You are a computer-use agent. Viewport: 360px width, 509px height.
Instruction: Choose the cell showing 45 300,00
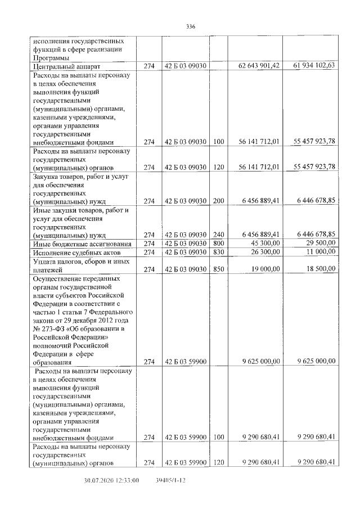264,244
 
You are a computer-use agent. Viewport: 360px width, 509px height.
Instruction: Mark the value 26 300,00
264,253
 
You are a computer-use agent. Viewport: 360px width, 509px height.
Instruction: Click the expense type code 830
219,253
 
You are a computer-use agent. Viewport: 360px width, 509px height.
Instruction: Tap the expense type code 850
219,269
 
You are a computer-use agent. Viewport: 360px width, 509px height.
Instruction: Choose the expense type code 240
219,235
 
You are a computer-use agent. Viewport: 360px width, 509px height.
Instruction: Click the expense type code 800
219,244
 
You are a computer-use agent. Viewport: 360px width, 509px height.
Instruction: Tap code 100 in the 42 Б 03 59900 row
219,437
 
